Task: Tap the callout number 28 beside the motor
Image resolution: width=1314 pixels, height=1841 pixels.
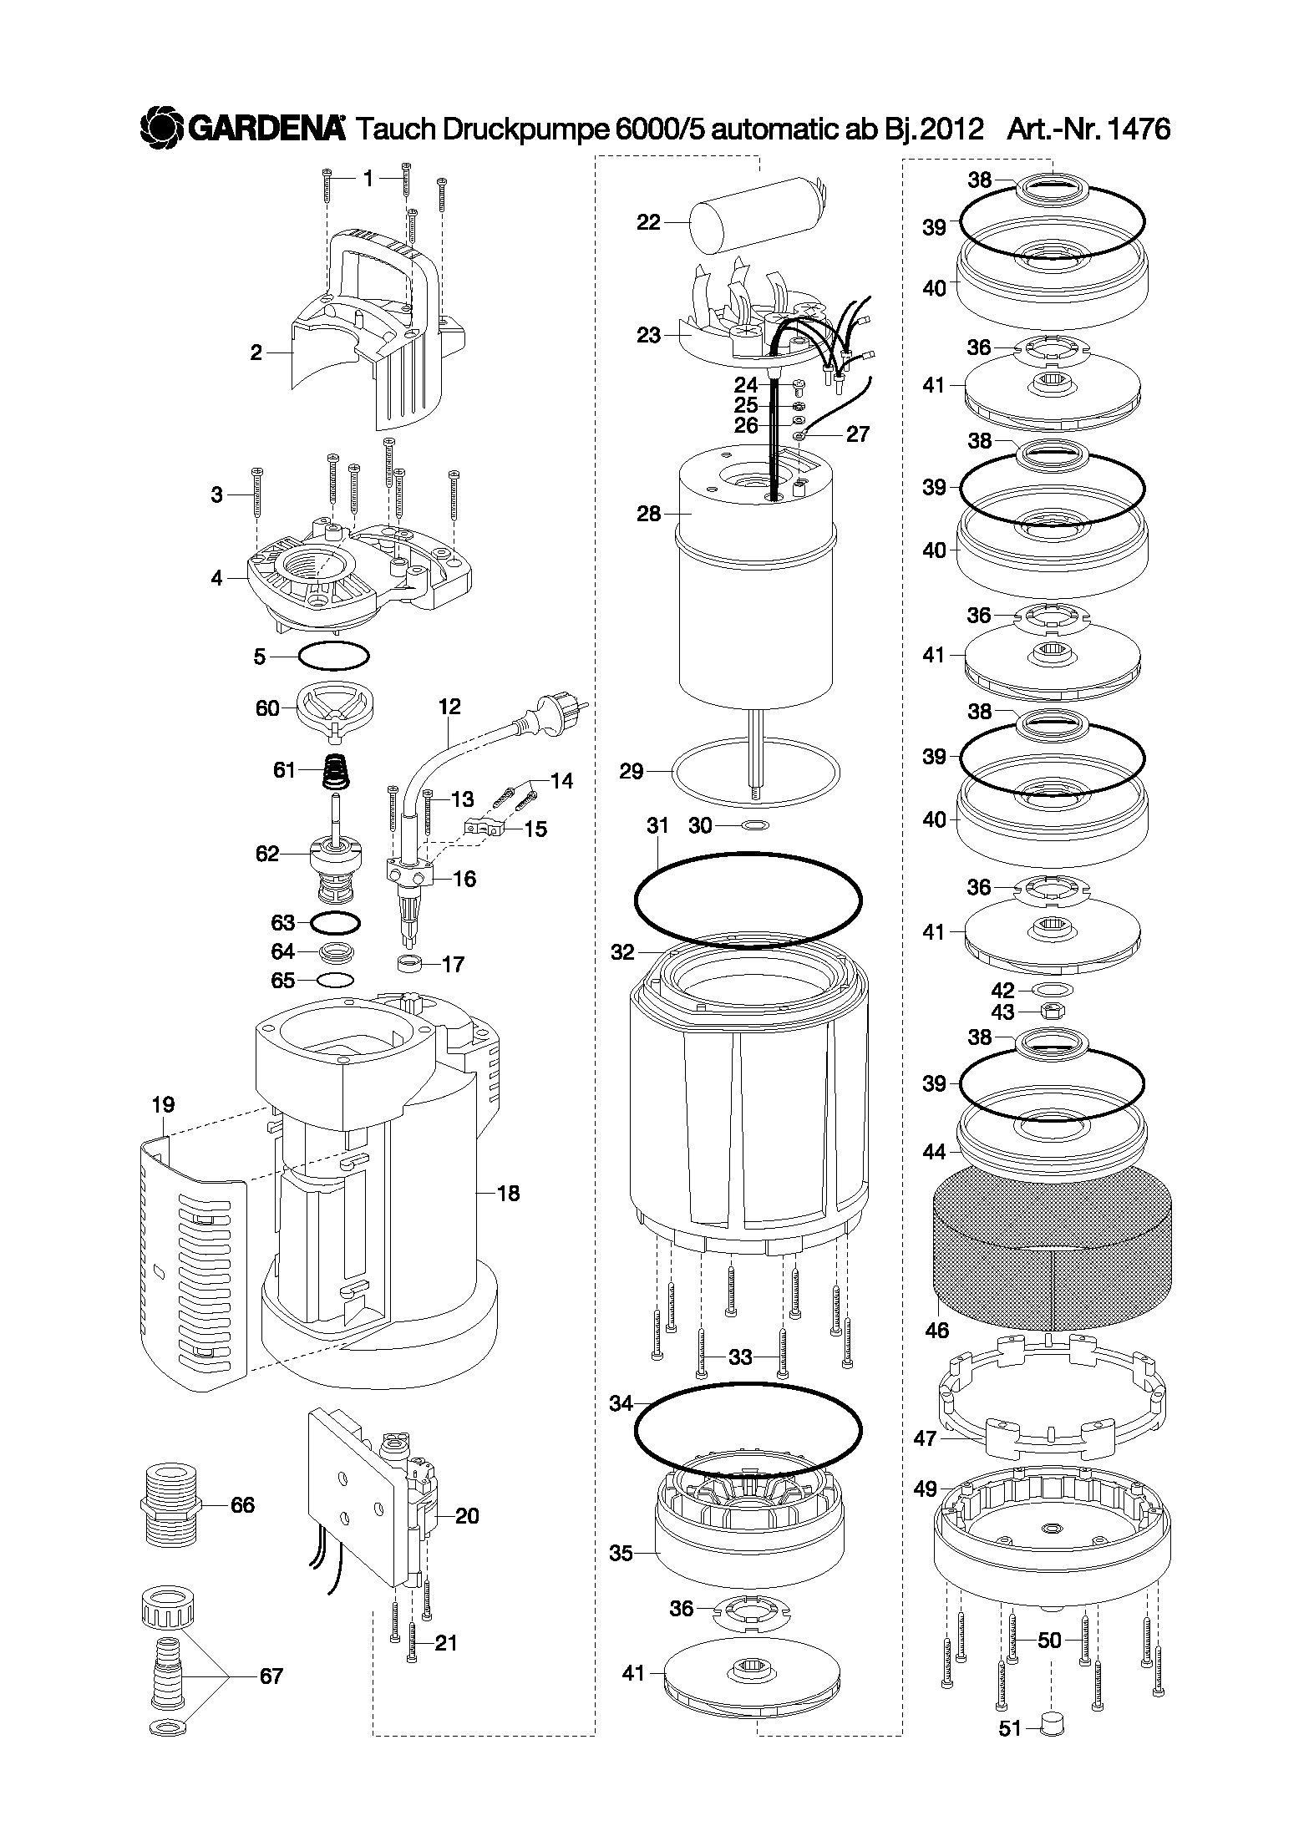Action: (x=648, y=513)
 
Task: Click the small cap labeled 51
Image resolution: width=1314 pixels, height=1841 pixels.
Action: (x=1053, y=1723)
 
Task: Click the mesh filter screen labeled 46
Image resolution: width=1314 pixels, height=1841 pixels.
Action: (x=1050, y=1261)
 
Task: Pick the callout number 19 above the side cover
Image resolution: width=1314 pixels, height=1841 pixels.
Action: (x=163, y=1104)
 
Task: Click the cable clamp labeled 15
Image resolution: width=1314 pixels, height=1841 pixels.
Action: (x=485, y=828)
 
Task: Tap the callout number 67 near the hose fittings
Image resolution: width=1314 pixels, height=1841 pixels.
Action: (x=271, y=1676)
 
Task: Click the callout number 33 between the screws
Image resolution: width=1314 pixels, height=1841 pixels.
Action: (x=740, y=1357)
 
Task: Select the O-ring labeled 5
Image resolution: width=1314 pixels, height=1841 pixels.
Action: (x=333, y=657)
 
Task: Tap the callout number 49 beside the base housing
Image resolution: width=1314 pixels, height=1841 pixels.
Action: (x=925, y=1489)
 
